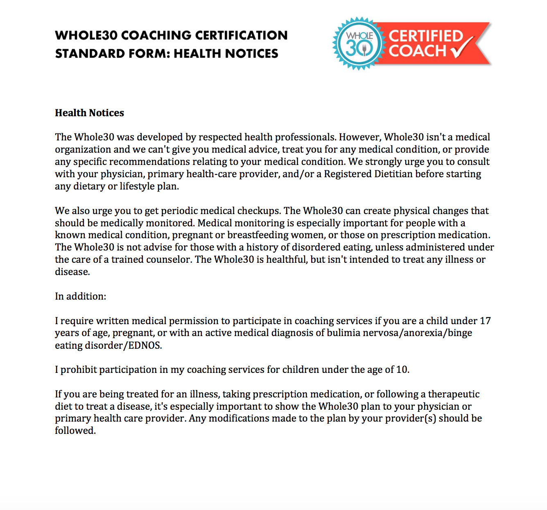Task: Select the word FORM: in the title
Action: tap(143, 54)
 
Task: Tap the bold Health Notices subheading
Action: tap(89, 113)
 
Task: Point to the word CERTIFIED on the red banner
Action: tap(426, 36)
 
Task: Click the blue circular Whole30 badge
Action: tap(359, 43)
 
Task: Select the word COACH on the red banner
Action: tap(417, 51)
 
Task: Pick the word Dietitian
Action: tap(393, 174)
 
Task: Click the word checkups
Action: tap(259, 211)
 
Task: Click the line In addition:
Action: tap(80, 296)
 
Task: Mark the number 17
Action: tap(485, 321)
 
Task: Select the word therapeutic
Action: tap(454, 394)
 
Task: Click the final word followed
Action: tap(75, 431)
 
